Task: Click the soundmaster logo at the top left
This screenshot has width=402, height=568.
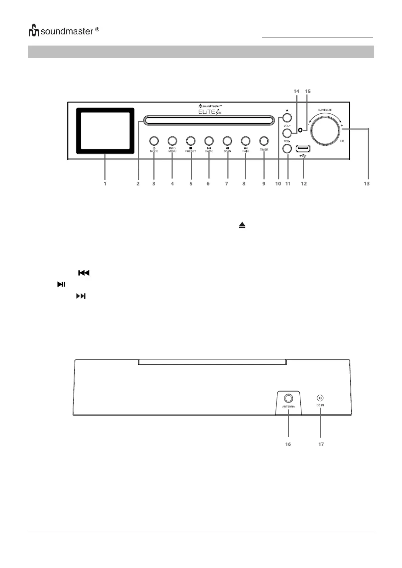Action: (x=63, y=31)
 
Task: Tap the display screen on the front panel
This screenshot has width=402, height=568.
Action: (x=105, y=131)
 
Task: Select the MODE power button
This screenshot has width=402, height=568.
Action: (x=154, y=141)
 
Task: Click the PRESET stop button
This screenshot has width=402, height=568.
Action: (x=191, y=141)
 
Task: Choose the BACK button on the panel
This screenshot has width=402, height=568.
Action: (x=209, y=141)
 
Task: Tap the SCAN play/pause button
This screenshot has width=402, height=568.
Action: (x=227, y=141)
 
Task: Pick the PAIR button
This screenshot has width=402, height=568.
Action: (x=245, y=141)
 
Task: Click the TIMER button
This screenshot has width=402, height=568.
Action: (x=264, y=141)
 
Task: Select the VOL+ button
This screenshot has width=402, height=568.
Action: (x=287, y=133)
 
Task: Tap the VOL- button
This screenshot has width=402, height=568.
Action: (x=287, y=148)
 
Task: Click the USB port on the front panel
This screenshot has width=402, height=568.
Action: (x=303, y=148)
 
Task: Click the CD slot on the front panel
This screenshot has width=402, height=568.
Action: (x=208, y=120)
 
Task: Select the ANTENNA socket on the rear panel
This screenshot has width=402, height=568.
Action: (x=288, y=398)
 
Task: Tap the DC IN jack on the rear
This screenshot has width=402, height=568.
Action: (x=320, y=398)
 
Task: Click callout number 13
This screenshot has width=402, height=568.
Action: (x=367, y=184)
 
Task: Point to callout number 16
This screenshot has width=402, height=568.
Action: (x=288, y=444)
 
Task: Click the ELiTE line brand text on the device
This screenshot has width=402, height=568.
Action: (x=210, y=112)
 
